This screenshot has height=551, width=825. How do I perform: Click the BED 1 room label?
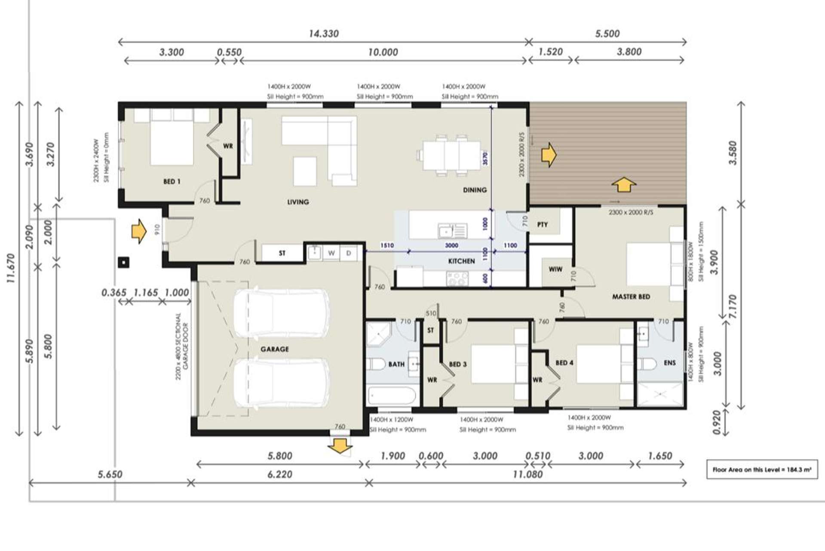(172, 181)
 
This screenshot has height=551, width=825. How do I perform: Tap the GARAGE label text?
(274, 349)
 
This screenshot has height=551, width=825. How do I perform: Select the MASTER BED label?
(631, 297)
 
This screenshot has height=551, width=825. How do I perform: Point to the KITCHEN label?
(461, 261)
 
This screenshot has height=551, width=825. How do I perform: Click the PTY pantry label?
(542, 224)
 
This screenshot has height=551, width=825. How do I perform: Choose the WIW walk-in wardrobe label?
(555, 269)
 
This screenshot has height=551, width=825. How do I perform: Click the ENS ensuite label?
(669, 363)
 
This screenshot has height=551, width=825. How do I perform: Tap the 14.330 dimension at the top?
(324, 34)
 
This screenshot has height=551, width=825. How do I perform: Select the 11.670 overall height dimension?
(11, 268)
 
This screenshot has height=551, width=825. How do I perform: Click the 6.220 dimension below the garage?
(279, 474)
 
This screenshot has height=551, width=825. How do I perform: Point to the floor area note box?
(762, 469)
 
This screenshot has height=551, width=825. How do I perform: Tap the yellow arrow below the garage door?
(340, 446)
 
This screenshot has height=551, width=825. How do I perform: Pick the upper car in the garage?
(282, 313)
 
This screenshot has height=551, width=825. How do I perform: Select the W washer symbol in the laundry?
(331, 253)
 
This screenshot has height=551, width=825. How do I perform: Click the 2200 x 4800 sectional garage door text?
(182, 346)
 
